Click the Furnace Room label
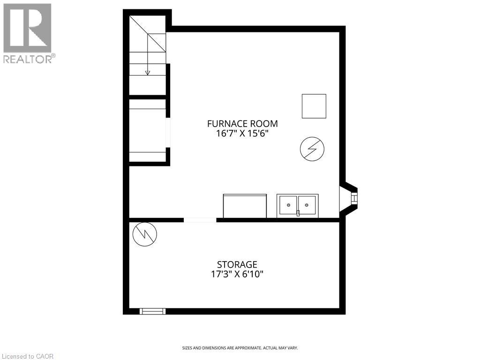pyautogui.click(x=242, y=124)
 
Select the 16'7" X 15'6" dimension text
pyautogui.click(x=242, y=133)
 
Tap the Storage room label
pyautogui.click(x=237, y=265)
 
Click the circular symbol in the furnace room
pyautogui.click(x=312, y=150)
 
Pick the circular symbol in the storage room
pyautogui.click(x=145, y=234)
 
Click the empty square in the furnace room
pyautogui.click(x=314, y=106)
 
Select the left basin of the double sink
pyautogui.click(x=288, y=205)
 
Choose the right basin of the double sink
pyautogui.click(x=307, y=205)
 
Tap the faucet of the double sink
pyautogui.click(x=298, y=213)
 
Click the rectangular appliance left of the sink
pyautogui.click(x=245, y=206)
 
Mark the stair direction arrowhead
pyautogui.click(x=148, y=73)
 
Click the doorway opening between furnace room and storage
pyautogui.click(x=200, y=219)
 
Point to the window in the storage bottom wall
pyautogui.click(x=153, y=311)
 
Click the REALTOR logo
pyautogui.click(x=27, y=28)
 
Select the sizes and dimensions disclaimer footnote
pyautogui.click(x=240, y=348)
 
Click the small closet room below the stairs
pyautogui.click(x=148, y=130)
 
